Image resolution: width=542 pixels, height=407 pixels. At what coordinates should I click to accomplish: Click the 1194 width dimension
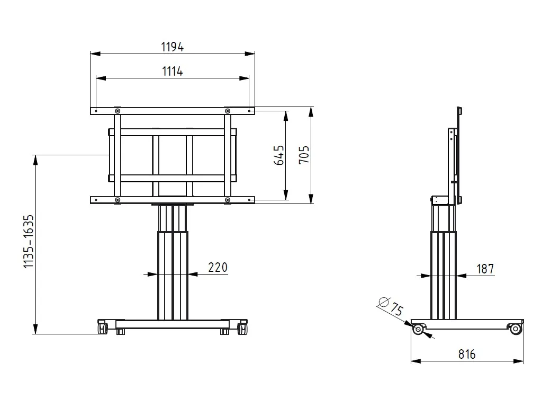point(172,47)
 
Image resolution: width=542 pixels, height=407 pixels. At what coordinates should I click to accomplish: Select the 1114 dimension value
point(172,72)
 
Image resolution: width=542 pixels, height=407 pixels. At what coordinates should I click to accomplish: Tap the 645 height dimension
point(279,155)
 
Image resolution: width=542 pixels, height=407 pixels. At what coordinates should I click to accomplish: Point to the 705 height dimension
point(304,155)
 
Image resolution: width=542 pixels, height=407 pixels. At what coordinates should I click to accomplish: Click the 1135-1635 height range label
point(29,241)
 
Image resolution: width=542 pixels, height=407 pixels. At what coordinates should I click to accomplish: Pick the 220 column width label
point(218,267)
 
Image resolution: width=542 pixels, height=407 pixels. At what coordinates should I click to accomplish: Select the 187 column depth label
point(485,269)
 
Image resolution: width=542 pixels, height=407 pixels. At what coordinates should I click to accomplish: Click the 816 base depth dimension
point(467,354)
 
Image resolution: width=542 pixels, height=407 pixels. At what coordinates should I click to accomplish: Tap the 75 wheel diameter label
point(396,309)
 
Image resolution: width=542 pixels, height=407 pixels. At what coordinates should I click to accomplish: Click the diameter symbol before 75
point(383,302)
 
